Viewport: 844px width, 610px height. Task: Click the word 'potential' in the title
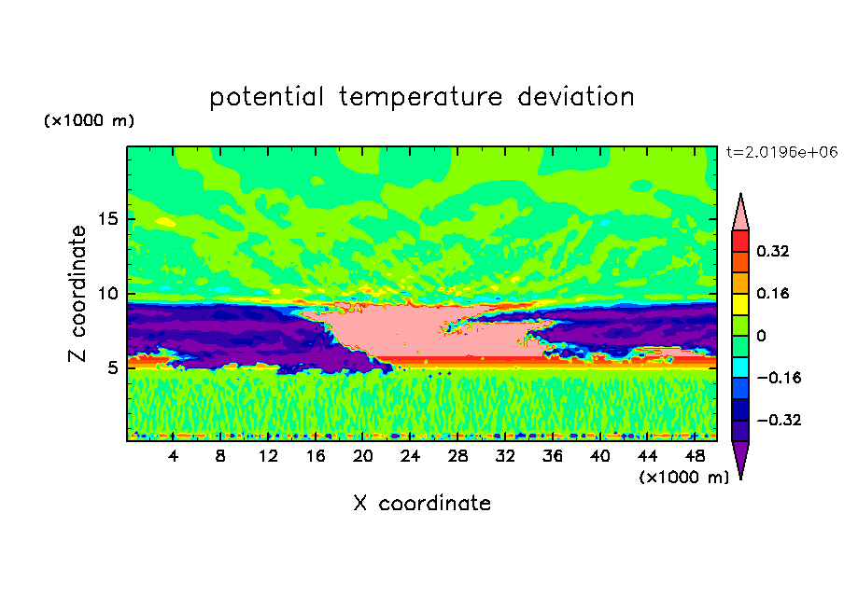coord(266,97)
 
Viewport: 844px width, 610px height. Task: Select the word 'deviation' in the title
coord(576,96)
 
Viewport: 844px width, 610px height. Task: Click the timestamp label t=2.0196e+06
coord(782,152)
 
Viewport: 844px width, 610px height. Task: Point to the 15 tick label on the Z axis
coord(107,219)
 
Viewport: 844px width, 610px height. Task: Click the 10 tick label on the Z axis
coord(107,294)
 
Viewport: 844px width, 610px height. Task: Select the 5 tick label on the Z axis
coord(112,367)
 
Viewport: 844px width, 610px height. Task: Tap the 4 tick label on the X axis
coord(173,456)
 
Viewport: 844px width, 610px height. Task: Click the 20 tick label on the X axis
coord(363,456)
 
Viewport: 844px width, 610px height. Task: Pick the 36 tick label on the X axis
coord(553,456)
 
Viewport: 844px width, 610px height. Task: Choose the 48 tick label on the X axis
coord(695,456)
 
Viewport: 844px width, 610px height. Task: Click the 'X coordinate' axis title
coord(422,503)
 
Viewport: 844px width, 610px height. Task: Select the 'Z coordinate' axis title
coord(77,294)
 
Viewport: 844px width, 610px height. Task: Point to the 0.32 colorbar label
coord(773,251)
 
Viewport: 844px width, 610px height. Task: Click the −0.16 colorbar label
coord(779,378)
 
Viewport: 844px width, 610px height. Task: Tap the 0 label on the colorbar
coord(761,336)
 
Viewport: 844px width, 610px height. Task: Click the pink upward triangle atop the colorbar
coord(740,215)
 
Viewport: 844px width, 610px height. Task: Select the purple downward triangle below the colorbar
coord(740,457)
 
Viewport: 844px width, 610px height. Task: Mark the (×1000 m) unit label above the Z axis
coord(89,120)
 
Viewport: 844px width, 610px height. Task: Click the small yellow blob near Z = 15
coord(165,222)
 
